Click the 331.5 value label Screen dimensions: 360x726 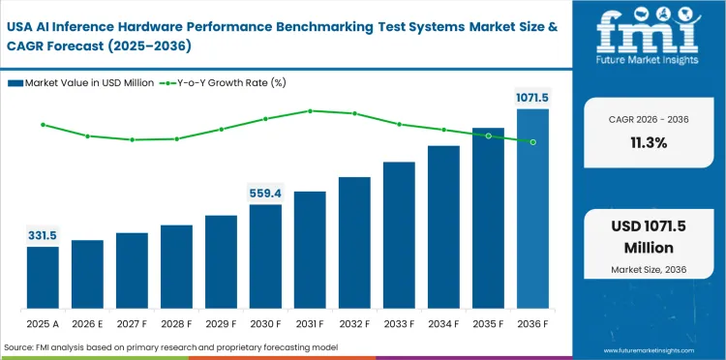[43, 235]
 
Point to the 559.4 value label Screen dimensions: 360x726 [265, 193]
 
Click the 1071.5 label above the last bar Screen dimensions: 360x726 [530, 98]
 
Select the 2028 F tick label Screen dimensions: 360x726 [176, 324]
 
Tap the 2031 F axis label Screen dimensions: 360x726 [310, 324]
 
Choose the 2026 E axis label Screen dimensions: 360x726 [87, 324]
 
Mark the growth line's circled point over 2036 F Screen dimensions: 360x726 [532, 141]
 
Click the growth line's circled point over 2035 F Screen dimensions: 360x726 [488, 135]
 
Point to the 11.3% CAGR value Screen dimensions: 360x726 [644, 142]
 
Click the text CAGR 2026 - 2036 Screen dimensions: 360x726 [644, 118]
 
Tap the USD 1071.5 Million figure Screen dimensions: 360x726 [644, 236]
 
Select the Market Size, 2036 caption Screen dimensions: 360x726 [644, 268]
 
